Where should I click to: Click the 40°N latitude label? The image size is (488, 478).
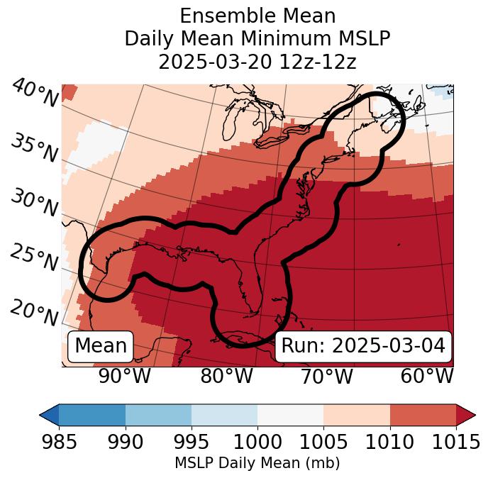click(35, 94)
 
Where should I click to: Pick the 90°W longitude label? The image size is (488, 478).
click(124, 377)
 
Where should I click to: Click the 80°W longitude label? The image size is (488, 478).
click(226, 377)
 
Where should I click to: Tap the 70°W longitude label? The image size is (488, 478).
click(326, 377)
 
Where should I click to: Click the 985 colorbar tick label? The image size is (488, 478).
click(59, 443)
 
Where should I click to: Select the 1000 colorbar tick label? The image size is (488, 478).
click(257, 443)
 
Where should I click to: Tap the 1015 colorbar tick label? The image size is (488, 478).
click(455, 443)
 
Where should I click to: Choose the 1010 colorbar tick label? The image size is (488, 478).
click(389, 443)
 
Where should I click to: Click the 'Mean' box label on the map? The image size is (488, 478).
click(101, 346)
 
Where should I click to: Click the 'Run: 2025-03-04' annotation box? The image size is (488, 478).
click(363, 346)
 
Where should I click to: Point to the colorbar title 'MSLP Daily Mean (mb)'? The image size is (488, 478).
click(257, 464)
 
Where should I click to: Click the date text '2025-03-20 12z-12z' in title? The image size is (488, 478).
click(257, 62)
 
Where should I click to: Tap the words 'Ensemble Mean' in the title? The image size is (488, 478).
click(257, 16)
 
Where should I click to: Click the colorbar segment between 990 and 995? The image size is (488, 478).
click(158, 414)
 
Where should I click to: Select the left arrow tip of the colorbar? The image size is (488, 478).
click(43, 414)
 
